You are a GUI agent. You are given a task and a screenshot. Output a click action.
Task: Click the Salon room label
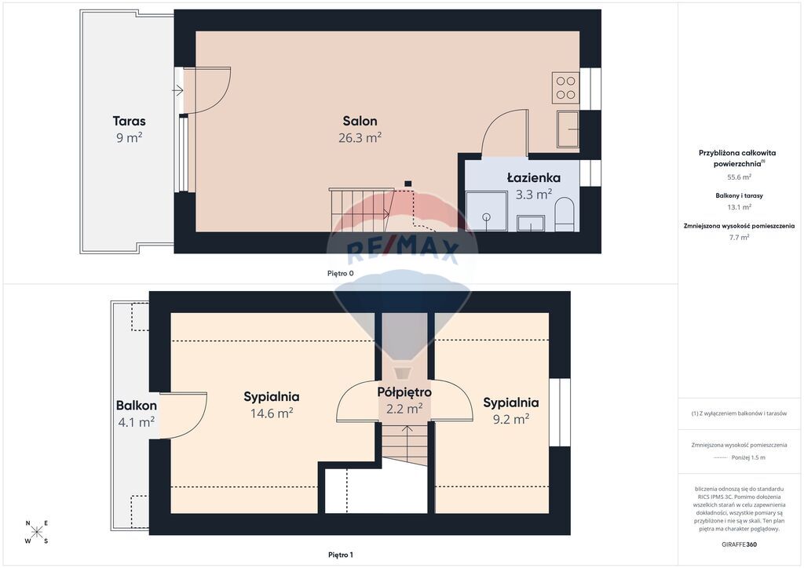360,122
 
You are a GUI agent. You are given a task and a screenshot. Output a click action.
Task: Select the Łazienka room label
533,178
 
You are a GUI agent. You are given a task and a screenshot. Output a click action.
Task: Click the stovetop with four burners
565,87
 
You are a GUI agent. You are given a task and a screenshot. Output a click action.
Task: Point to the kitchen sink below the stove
568,129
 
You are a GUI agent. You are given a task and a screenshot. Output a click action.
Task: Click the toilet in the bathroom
564,214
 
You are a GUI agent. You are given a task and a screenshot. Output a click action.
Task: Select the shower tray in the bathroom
486,211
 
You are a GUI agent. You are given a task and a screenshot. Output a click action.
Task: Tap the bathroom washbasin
531,224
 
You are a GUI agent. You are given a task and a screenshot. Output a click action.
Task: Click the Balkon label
137,406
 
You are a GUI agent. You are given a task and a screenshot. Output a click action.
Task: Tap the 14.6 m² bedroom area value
271,413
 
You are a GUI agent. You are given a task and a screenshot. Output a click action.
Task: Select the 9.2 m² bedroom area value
510,420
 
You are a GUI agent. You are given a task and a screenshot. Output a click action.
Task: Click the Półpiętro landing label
404,392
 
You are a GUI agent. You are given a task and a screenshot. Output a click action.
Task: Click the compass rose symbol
37,532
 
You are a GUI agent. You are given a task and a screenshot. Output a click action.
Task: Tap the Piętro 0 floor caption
341,274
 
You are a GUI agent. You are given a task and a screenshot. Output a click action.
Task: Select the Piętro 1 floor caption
341,555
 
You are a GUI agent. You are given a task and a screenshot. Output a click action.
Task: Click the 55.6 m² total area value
739,177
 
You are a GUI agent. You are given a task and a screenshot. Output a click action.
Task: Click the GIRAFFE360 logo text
739,544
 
